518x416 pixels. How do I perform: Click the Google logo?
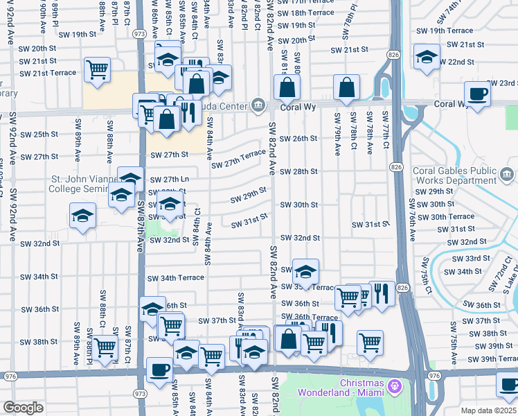click(24, 408)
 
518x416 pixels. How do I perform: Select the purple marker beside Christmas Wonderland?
click(395, 384)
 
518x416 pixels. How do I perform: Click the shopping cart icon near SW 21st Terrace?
click(97, 69)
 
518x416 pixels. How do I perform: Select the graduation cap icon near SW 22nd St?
click(427, 56)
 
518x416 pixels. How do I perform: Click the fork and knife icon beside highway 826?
click(382, 293)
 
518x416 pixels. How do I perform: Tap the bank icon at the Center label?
click(258, 105)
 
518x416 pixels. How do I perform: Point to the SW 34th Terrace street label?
click(177, 278)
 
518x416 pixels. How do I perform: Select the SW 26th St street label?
click(298, 139)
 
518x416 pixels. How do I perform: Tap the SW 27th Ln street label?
click(169, 180)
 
